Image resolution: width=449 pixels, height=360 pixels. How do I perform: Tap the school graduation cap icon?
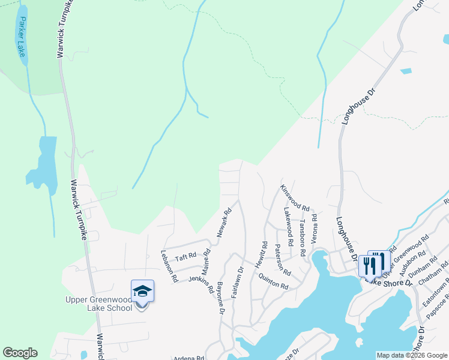[142, 291]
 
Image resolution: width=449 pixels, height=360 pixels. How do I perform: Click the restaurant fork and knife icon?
[370, 265]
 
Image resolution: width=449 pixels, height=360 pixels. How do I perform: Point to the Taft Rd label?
[185, 256]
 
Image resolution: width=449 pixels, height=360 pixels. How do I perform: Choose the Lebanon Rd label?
[169, 265]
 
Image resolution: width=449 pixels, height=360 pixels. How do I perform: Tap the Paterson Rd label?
[282, 259]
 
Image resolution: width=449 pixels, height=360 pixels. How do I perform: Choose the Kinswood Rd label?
[294, 197]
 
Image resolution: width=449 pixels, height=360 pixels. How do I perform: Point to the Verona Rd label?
[314, 227]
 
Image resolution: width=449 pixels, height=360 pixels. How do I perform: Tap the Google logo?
[20, 353]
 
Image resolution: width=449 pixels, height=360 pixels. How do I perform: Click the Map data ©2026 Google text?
[412, 355]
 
